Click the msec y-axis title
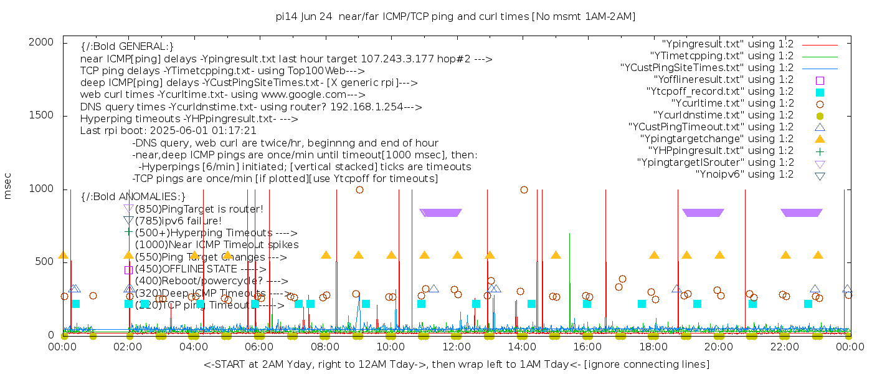pos(8,186)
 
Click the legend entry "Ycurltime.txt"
pos(732,103)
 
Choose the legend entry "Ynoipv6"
pos(744,175)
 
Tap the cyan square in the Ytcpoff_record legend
pos(820,92)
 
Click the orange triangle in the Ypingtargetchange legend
pos(820,139)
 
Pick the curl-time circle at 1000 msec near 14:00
pos(524,189)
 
